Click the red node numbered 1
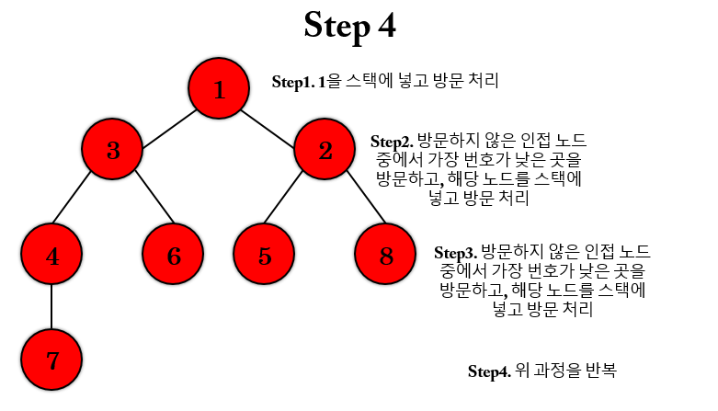[219, 89]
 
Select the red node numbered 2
[325, 150]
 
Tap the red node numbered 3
[113, 150]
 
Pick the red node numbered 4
[51, 255]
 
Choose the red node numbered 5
[265, 255]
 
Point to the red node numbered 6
[174, 255]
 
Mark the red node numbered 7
[51, 360]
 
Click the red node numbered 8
[386, 255]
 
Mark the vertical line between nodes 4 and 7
[51, 308]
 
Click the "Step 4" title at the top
[349, 26]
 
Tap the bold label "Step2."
[392, 142]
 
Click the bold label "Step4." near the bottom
[489, 371]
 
